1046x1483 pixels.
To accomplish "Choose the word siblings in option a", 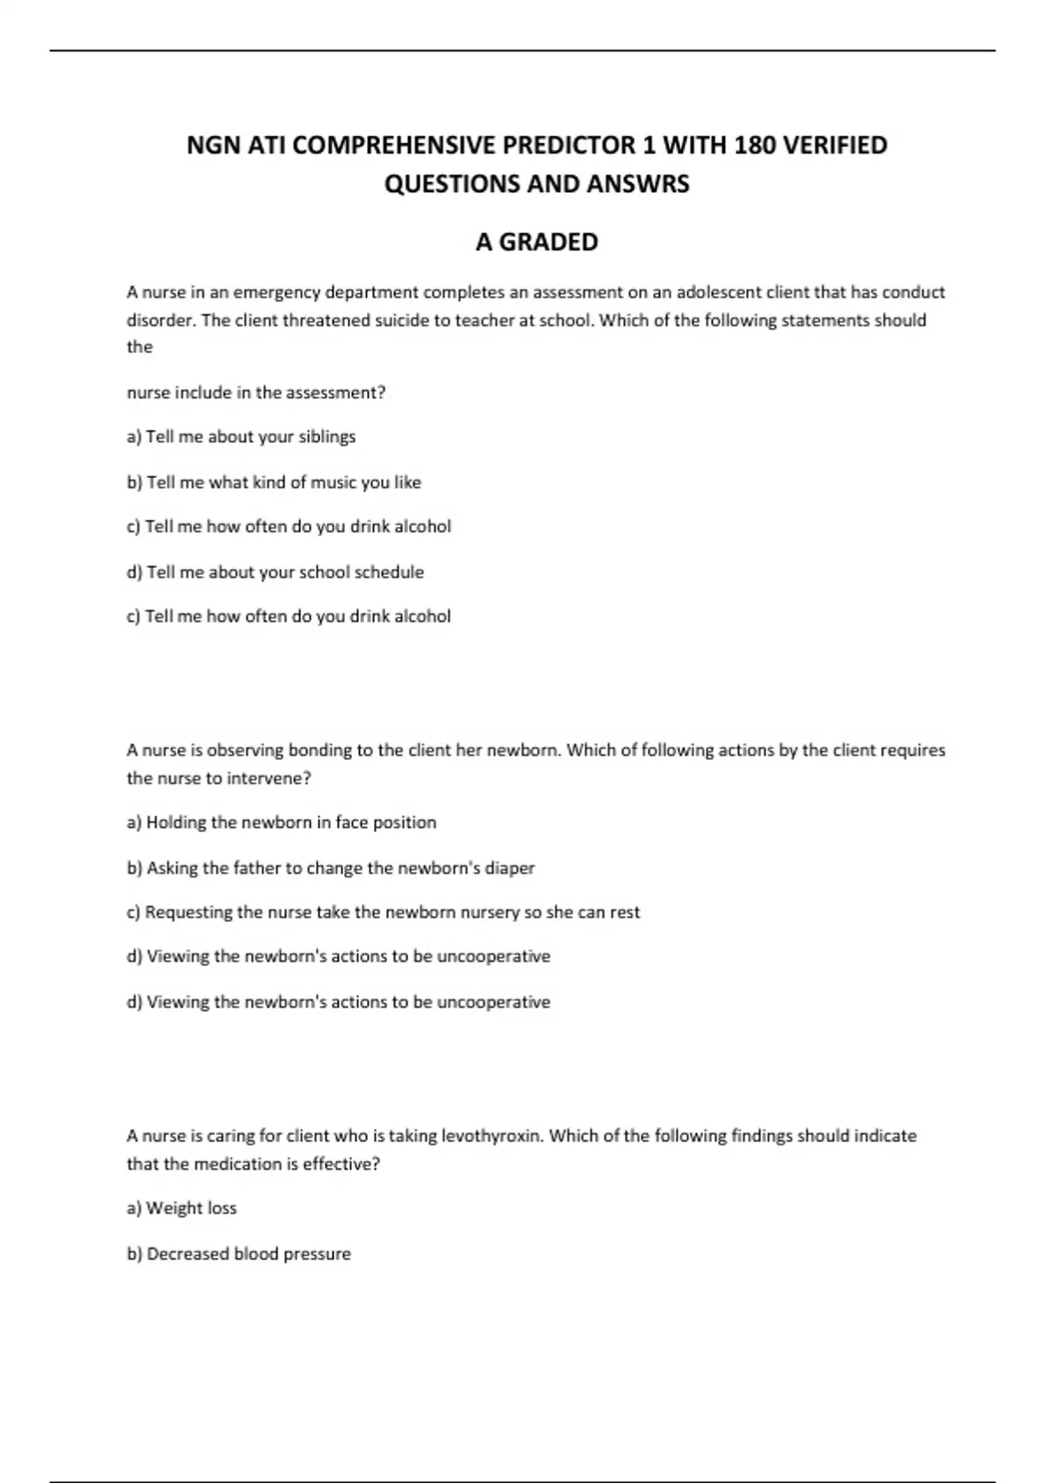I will (327, 436).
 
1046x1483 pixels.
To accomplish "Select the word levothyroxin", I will (492, 1136).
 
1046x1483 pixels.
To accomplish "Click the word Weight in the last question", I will (173, 1208).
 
